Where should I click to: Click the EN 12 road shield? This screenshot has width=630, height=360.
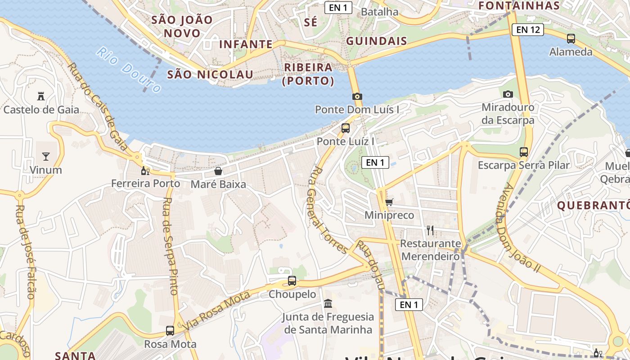tap(528, 30)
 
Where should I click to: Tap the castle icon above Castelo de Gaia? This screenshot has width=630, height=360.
tap(41, 96)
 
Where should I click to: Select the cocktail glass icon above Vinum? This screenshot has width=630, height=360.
tap(45, 156)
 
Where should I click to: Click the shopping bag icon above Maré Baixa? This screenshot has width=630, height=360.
tap(218, 171)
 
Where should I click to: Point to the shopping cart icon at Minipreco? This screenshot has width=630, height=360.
tap(389, 202)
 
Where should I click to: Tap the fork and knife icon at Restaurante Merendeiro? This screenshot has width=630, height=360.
tap(430, 230)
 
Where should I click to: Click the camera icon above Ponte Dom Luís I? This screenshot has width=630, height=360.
tap(357, 96)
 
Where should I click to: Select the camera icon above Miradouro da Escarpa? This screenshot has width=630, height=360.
tap(508, 94)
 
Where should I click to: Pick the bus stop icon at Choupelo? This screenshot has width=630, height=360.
tap(292, 281)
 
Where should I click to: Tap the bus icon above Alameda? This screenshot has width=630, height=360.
tap(571, 39)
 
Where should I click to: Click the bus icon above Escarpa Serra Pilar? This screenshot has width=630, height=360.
tap(524, 152)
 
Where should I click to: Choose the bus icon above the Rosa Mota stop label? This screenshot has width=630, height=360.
tap(170, 331)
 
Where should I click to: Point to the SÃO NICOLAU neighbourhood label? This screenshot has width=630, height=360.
tap(210, 75)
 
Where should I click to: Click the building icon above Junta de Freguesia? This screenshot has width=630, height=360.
tap(328, 303)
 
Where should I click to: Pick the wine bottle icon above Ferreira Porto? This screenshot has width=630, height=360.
tap(145, 171)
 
